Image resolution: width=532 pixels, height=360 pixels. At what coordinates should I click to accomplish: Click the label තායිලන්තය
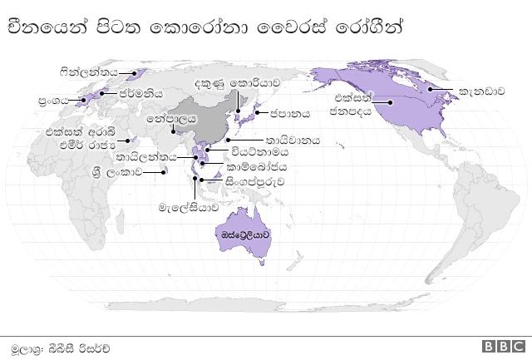[x=146, y=156]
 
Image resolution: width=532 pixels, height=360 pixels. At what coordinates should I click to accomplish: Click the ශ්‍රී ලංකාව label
[x=116, y=172]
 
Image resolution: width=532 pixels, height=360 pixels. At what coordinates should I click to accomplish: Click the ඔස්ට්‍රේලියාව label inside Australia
[x=245, y=236]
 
